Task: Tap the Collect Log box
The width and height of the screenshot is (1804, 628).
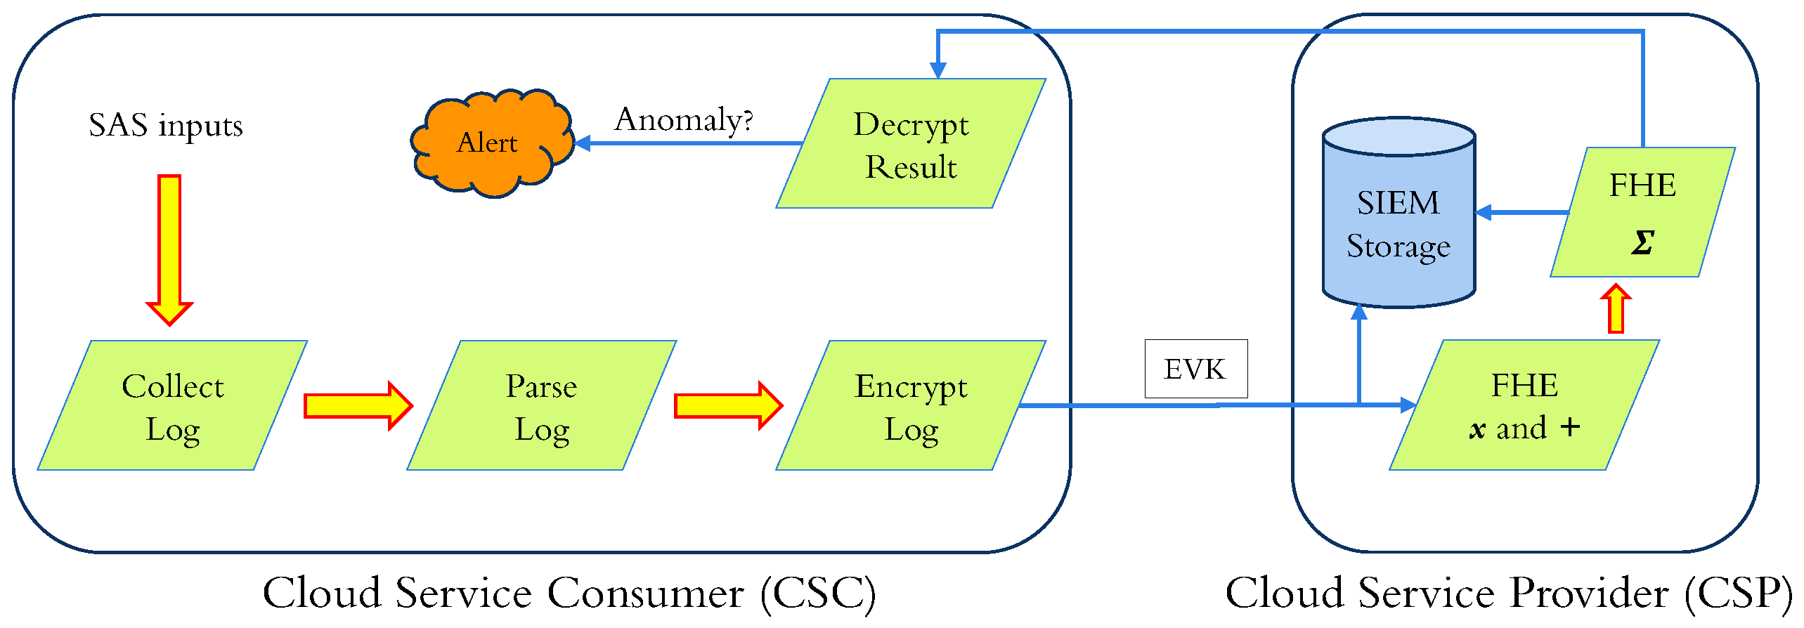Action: (172, 406)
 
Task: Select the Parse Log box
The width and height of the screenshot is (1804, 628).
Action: (541, 406)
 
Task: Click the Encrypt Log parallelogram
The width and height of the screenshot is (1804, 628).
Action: (911, 406)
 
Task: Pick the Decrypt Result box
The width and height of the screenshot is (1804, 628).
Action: (911, 144)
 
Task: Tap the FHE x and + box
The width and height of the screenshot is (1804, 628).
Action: (1524, 406)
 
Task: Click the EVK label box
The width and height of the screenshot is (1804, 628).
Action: (1196, 369)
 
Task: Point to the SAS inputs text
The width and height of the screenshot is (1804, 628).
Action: (166, 126)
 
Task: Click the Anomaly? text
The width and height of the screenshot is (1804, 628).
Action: (684, 119)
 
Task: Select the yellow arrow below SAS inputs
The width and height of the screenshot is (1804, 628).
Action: (169, 249)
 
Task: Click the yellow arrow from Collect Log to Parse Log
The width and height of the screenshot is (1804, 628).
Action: (358, 405)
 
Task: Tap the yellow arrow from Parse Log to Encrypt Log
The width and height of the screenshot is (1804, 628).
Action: (728, 405)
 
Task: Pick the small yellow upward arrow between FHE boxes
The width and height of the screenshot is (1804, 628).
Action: (1616, 309)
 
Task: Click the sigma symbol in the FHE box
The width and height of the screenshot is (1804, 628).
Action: (1642, 243)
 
